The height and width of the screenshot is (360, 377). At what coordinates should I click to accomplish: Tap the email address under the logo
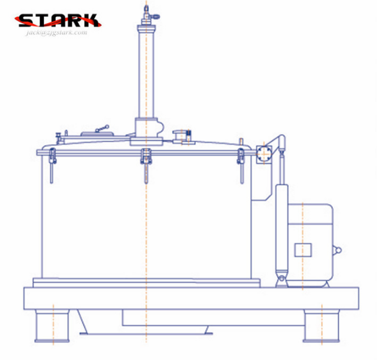click(56, 32)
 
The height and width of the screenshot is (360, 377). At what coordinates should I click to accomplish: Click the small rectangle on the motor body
click(303, 250)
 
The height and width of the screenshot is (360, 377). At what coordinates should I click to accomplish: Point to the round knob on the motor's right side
click(338, 251)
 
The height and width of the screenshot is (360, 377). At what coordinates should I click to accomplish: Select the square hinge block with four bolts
click(264, 154)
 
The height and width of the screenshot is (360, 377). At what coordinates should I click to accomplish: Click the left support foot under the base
click(52, 326)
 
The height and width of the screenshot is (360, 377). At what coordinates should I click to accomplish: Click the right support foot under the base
click(322, 326)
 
